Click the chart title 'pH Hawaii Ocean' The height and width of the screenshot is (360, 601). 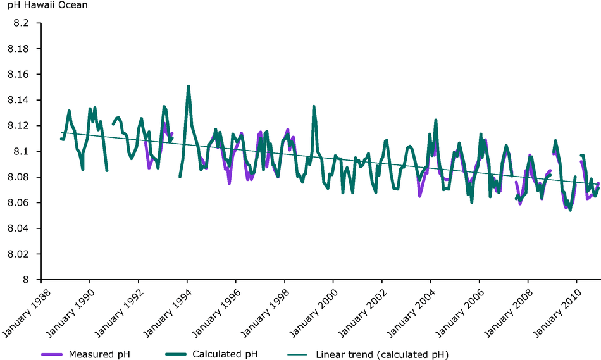[x=44, y=6]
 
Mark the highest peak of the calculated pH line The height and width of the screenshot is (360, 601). [x=188, y=87]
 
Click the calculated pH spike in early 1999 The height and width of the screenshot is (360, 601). [x=314, y=107]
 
